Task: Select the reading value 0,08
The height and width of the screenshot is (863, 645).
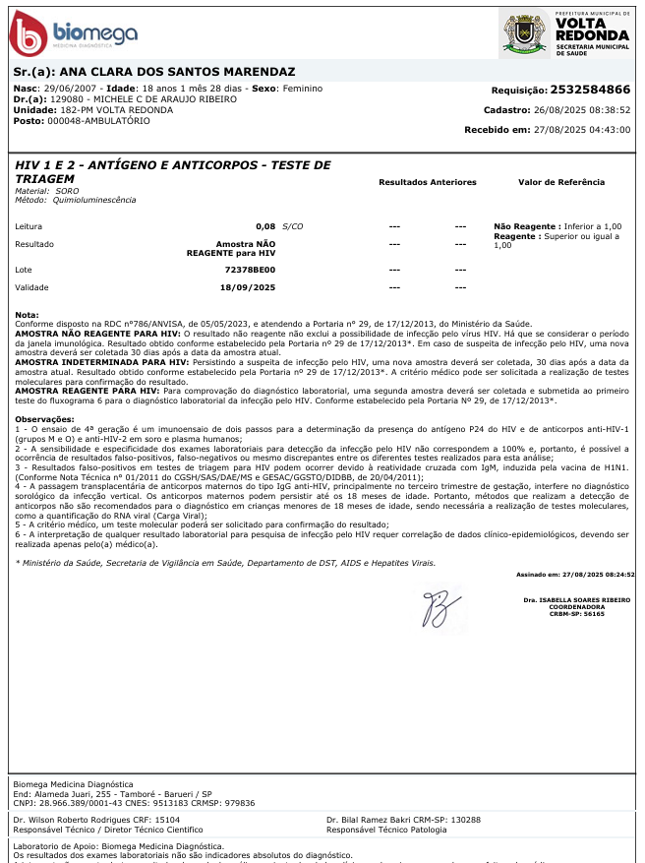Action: tap(265, 226)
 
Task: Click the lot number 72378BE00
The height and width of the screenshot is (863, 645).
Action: tap(250, 269)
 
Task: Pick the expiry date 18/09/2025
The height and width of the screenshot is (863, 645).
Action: tap(248, 287)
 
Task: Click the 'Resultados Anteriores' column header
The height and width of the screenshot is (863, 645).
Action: tap(427, 182)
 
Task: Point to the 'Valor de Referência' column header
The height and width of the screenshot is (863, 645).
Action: tap(561, 182)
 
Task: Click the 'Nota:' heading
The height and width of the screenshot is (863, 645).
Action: tap(27, 315)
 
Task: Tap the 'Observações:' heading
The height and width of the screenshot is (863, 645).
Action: tap(41, 419)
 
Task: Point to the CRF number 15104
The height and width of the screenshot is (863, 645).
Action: tap(167, 819)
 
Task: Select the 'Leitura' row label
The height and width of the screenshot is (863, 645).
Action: tap(29, 226)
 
